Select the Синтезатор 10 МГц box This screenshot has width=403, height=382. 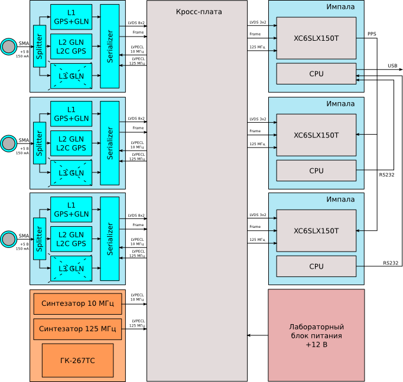point(77,303)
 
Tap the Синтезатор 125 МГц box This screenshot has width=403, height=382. point(77,329)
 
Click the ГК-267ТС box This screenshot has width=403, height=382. point(77,360)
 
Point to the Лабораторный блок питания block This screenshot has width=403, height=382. point(316,335)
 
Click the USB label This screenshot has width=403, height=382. point(392,66)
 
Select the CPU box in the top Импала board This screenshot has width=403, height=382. point(316,74)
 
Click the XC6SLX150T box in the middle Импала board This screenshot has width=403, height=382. point(316,135)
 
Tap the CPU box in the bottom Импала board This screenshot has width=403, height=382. point(316,266)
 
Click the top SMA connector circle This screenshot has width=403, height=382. point(8,47)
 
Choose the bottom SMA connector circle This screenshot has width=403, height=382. point(8,239)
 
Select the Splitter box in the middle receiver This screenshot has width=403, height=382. point(40,143)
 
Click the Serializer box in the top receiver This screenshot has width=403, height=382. point(110,47)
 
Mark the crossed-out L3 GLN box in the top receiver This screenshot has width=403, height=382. point(71,76)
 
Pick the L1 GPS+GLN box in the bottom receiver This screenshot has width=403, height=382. point(71,210)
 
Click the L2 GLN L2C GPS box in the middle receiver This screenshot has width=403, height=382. point(71,143)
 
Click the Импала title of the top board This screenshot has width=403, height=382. point(341,7)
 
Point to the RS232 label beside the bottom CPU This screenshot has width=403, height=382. point(391,263)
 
